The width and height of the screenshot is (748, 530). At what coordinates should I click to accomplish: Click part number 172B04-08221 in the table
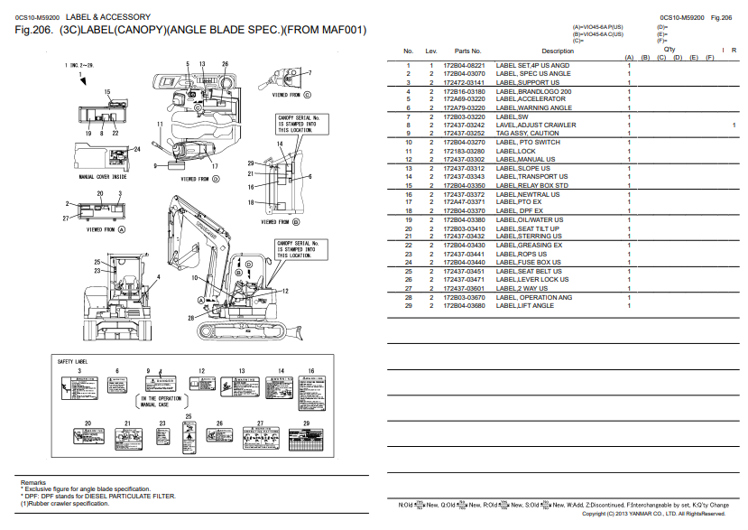tap(469, 65)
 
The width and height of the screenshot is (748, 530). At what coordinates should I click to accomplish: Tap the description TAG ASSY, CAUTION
tap(528, 134)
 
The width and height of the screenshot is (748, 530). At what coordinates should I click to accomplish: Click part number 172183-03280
tap(469, 151)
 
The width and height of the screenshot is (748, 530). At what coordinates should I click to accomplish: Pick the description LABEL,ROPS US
tap(522, 255)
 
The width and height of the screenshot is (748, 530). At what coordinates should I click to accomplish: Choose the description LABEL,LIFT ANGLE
tap(525, 306)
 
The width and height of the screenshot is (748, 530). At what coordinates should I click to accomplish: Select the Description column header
tap(557, 51)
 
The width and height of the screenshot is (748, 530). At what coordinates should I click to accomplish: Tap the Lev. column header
tap(431, 51)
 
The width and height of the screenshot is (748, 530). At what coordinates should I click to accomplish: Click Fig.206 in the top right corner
tap(721, 17)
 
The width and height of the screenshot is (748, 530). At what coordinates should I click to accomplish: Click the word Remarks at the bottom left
tap(33, 483)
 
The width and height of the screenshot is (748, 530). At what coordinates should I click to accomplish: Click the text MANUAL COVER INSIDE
tap(103, 177)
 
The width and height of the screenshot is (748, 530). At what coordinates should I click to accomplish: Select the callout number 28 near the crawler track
tap(191, 318)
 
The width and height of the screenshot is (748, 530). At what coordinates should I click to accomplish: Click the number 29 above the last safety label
tap(306, 423)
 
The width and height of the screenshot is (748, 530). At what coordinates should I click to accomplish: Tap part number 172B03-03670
tap(469, 297)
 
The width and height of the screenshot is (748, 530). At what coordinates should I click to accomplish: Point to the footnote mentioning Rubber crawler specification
tap(63, 504)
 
